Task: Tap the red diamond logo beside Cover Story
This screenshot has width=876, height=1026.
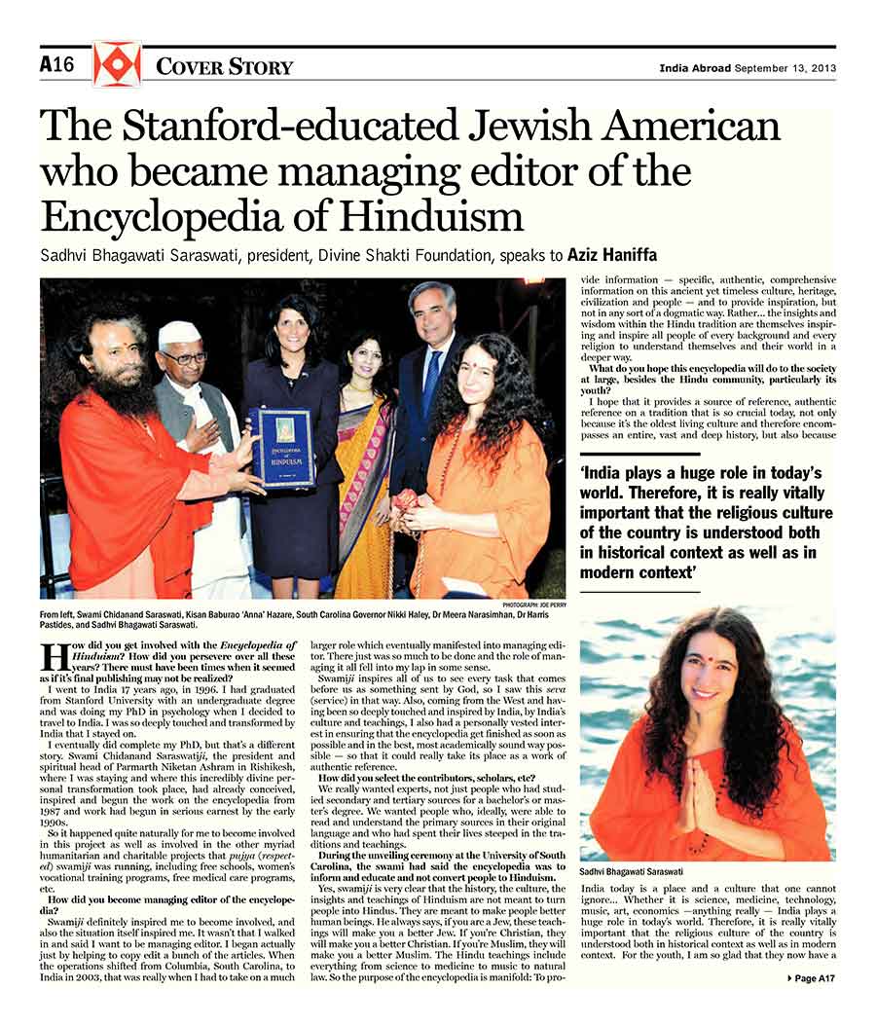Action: [117, 64]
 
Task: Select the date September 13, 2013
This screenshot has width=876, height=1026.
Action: [785, 68]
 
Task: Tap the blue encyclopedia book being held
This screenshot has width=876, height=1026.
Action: [281, 446]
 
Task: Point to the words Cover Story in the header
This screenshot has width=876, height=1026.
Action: [224, 66]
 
